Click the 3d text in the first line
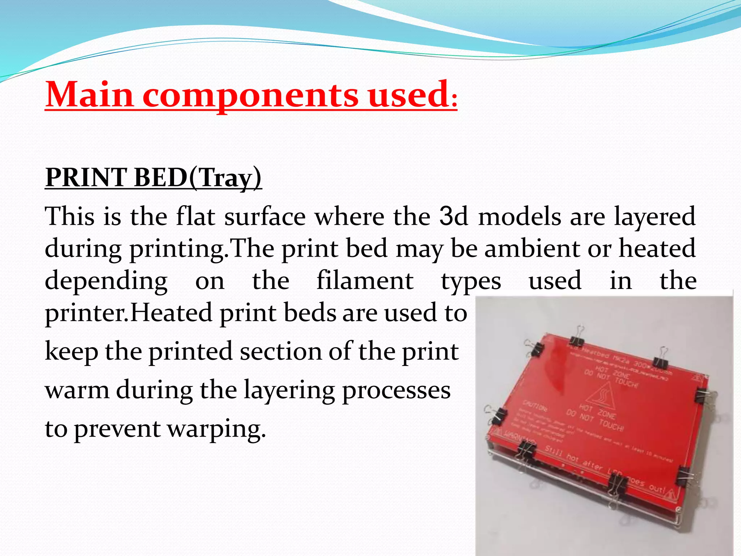tap(454, 216)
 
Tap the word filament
tap(365, 281)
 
